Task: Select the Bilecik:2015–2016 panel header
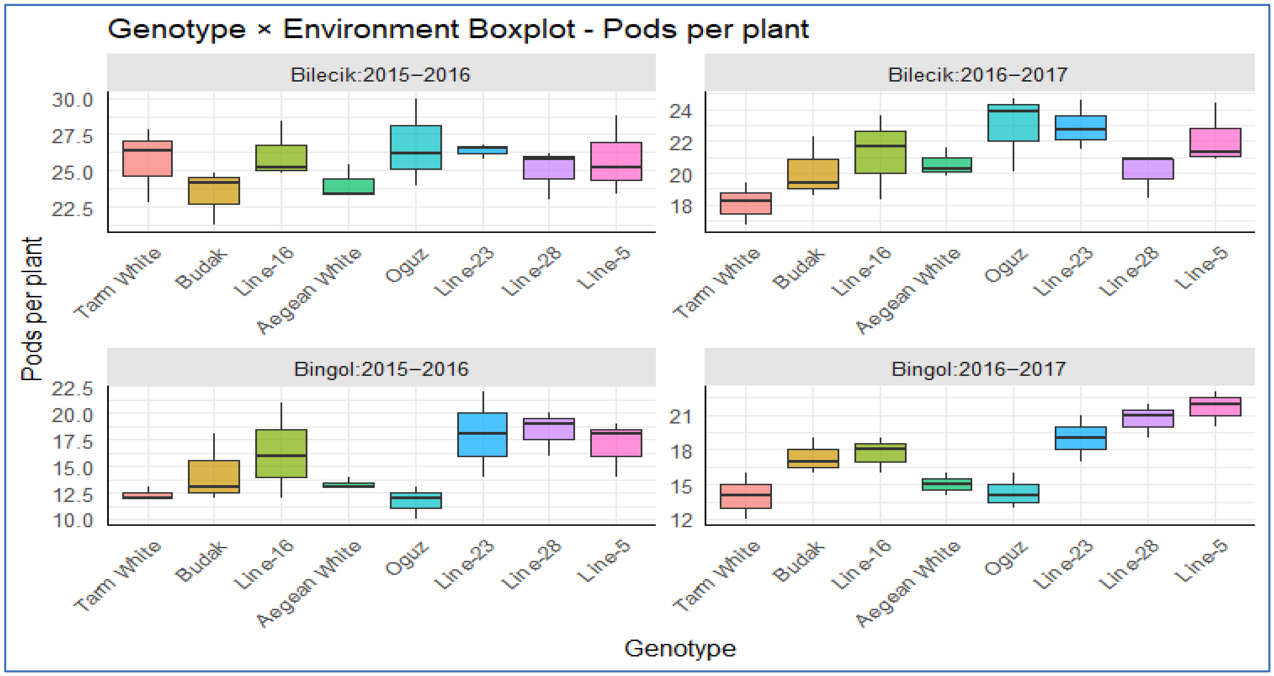tap(381, 74)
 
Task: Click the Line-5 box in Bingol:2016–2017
tap(1215, 406)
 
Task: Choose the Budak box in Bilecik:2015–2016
tap(214, 190)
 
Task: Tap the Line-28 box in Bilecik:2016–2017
tap(1148, 169)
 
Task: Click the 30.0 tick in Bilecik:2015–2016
tap(73, 100)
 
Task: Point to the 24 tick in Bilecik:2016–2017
tap(681, 111)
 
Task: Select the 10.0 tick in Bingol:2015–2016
tap(73, 521)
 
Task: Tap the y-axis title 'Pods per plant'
tap(32, 309)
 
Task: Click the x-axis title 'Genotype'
tap(680, 648)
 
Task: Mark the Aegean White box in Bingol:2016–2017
tap(946, 484)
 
